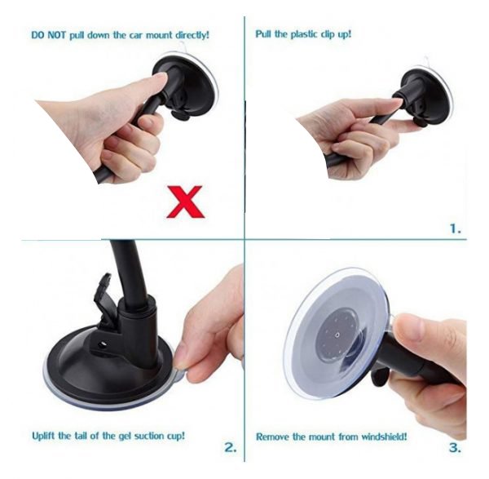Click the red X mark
coord(185,202)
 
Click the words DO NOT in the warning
coord(49,35)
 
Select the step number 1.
coord(456,228)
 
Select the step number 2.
coord(231,447)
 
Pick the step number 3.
coord(455,448)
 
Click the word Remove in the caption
coord(272,437)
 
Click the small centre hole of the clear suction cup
coord(337,335)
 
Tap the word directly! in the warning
coord(192,35)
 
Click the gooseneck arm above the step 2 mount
coord(128,268)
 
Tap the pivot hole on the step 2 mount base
coord(102,344)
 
